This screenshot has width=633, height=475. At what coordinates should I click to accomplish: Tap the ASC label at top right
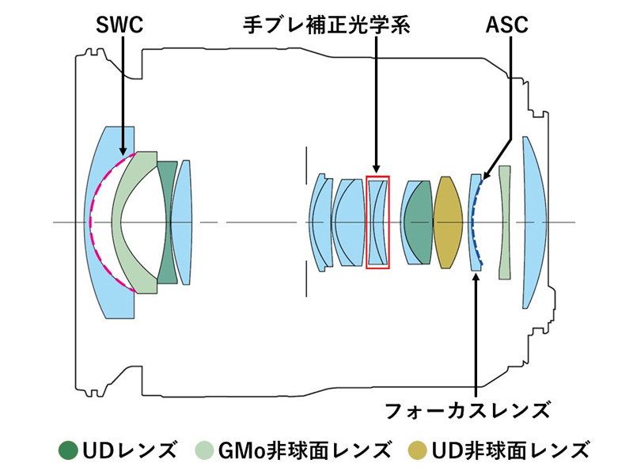tap(506, 25)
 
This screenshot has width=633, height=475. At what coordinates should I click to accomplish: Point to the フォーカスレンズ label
tap(467, 410)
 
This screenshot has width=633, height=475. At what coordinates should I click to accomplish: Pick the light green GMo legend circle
tap(205, 450)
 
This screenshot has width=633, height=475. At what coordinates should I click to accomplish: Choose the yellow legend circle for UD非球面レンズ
tap(418, 450)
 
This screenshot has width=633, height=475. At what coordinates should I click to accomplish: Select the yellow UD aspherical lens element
tap(447, 222)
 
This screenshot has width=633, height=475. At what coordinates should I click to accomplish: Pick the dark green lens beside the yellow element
tap(417, 222)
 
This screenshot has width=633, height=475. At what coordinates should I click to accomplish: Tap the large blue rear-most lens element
tap(534, 222)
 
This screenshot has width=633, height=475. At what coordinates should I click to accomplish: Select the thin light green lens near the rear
tap(505, 222)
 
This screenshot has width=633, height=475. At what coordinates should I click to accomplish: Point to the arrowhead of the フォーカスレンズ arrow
tap(476, 278)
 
